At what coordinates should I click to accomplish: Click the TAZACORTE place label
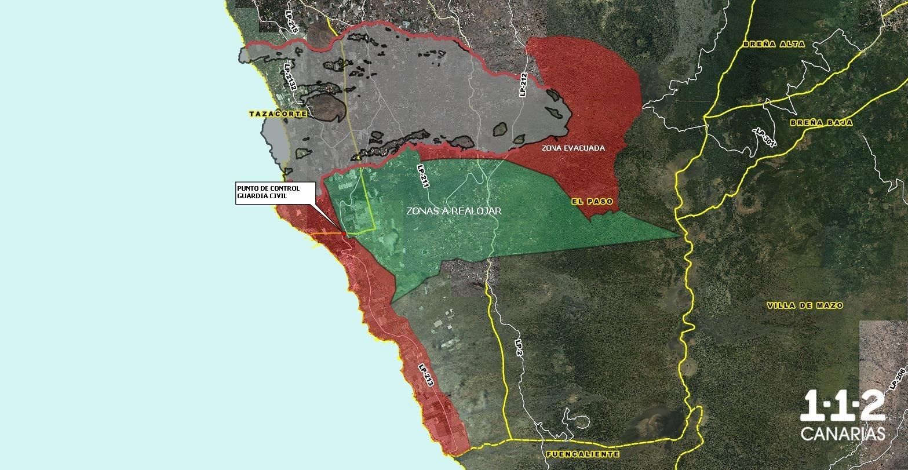278,114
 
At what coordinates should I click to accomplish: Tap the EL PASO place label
591,202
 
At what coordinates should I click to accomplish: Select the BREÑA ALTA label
770,44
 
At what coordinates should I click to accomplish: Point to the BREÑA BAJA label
815,123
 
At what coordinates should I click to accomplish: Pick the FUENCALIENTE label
582,454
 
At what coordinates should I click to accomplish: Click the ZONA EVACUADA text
573,148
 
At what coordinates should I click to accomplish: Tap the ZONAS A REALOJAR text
454,212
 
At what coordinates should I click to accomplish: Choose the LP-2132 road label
290,76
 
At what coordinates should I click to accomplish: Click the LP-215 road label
291,20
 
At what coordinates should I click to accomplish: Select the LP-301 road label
765,139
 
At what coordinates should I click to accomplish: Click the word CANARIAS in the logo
843,434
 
